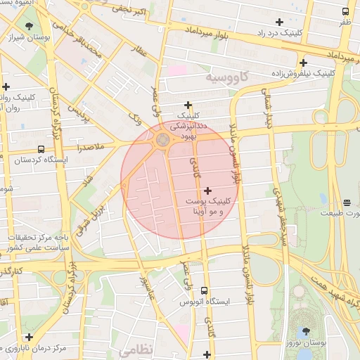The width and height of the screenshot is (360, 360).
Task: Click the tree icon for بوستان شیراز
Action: [29, 27]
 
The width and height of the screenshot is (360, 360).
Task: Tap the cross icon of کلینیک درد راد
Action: [281, 22]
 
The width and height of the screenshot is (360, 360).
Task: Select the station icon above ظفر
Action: [345, 12]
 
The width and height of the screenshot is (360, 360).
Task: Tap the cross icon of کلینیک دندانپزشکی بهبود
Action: [188, 105]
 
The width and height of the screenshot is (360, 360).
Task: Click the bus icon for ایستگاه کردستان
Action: [41, 150]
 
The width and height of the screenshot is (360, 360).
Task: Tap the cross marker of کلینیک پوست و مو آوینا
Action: [207, 191]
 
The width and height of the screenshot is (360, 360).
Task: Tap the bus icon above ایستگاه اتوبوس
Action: [205, 290]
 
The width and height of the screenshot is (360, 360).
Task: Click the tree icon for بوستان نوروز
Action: [306, 331]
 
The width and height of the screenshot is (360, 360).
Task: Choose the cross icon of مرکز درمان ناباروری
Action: [29, 337]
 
